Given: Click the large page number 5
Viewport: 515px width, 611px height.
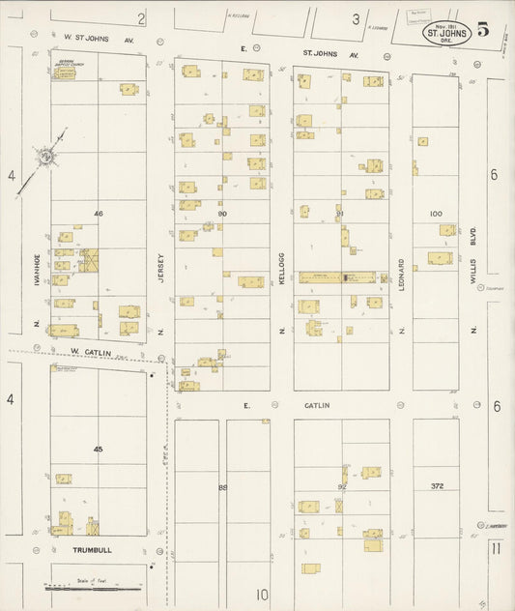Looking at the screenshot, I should (481, 28).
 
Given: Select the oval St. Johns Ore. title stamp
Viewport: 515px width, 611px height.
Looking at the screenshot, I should (445, 33).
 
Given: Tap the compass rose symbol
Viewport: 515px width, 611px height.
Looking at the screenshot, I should (45, 155).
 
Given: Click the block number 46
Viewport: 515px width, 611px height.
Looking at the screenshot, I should (98, 213).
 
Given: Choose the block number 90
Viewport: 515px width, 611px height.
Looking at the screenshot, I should (222, 213).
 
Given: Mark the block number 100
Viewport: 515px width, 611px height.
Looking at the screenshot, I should (436, 213).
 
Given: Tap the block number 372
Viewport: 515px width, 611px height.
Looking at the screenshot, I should (436, 485).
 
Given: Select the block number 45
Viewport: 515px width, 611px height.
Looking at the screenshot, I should (98, 449).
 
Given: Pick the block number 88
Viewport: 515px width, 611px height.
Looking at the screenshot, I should (222, 487).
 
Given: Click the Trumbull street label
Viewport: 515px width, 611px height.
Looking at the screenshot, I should (93, 550).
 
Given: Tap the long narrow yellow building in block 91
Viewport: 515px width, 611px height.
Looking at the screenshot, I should (336, 277).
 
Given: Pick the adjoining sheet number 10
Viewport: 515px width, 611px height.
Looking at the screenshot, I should (262, 595).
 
